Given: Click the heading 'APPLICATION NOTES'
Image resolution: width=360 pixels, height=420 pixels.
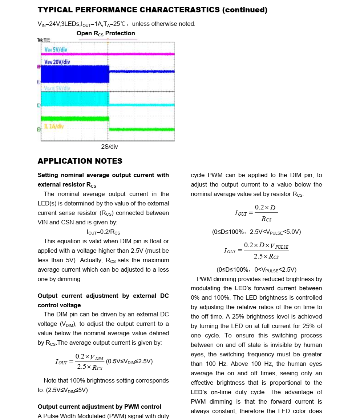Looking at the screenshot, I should point(80,161).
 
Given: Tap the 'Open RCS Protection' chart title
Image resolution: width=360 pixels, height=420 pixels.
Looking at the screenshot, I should point(106,33).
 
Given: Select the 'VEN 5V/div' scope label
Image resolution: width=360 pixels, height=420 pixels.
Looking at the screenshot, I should point(56,49).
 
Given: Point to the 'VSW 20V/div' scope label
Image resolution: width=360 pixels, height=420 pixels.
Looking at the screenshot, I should point(57,62).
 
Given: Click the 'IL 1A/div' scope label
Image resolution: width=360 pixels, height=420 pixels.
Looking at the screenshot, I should point(54,126).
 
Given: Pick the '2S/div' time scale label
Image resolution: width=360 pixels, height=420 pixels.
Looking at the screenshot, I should point(109,147).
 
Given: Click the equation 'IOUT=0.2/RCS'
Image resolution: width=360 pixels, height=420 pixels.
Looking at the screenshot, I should point(104,232).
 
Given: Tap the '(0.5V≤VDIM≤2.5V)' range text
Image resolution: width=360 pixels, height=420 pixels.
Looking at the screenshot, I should point(129,361).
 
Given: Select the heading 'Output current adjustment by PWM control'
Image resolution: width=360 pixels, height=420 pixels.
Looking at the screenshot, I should point(100,407).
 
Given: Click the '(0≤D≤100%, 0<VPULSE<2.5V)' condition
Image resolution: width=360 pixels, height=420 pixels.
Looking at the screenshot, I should point(256,270).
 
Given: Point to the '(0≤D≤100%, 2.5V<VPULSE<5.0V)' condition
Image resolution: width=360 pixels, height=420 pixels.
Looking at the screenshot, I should point(256,232).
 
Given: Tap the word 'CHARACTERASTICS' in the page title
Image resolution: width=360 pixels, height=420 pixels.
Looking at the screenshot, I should point(180,10).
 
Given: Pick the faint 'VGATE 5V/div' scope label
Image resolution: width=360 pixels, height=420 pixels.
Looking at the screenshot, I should point(57,88).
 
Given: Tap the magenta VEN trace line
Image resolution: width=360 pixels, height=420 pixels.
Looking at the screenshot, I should point(142,54).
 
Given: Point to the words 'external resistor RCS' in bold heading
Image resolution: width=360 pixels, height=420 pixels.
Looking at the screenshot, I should point(67,185).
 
